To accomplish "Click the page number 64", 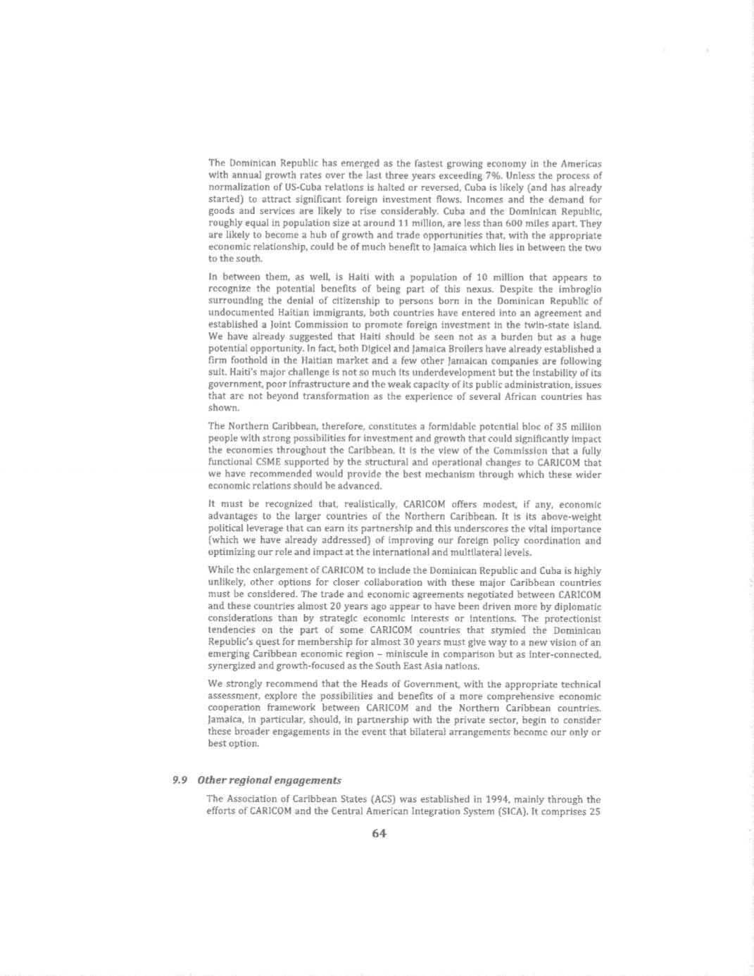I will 379,833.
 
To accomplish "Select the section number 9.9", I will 179,780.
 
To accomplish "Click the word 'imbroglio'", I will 579,289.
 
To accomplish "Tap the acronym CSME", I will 277,463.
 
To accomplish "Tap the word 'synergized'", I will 233,666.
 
